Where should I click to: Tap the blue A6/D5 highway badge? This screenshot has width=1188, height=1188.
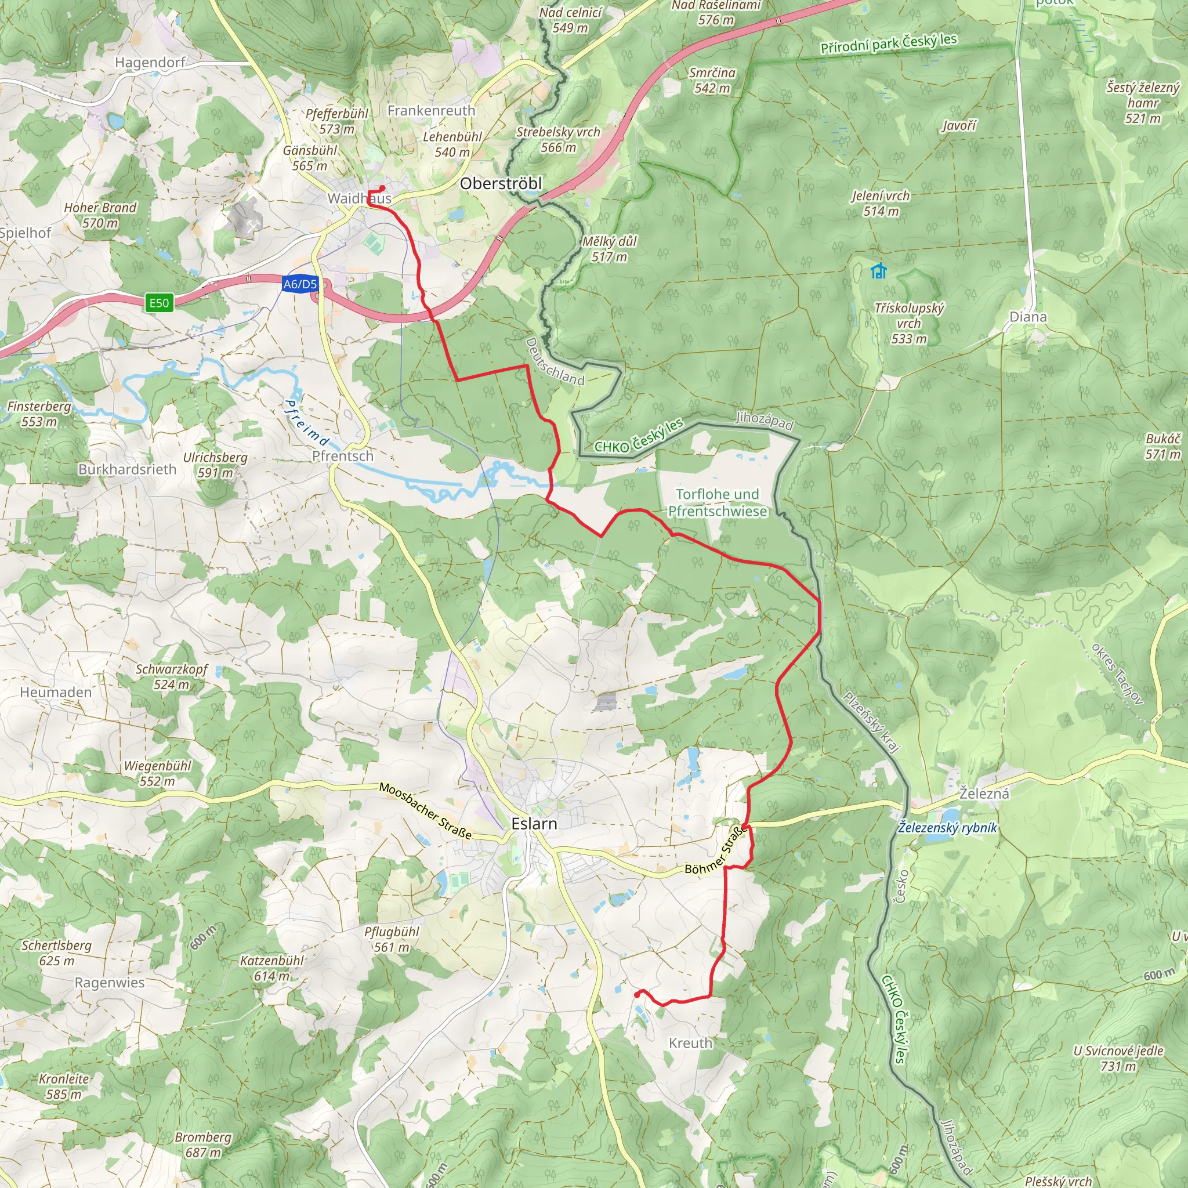[300, 284]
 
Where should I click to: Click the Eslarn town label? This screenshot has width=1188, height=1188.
[534, 823]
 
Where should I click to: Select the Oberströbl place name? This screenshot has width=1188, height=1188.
[501, 183]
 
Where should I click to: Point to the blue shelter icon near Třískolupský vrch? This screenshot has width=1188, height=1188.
[879, 270]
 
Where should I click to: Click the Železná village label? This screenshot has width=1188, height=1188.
[984, 793]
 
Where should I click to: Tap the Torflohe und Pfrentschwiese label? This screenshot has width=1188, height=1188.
[717, 502]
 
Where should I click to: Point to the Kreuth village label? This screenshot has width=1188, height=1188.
[690, 1043]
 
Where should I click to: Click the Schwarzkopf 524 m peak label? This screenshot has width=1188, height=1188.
[172, 676]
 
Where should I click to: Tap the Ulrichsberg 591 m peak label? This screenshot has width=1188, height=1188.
[215, 465]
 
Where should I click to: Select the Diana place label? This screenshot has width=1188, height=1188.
[1027, 317]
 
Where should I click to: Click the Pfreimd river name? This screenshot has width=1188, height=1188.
[306, 423]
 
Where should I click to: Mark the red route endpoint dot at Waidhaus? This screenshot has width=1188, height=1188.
[382, 188]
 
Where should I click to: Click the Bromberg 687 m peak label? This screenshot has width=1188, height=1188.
[203, 1144]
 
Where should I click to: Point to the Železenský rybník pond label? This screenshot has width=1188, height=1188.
[947, 827]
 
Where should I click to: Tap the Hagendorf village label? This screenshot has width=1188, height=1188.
[150, 62]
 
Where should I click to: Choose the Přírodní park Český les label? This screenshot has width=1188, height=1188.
[888, 43]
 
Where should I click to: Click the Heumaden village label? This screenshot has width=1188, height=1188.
[55, 692]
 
